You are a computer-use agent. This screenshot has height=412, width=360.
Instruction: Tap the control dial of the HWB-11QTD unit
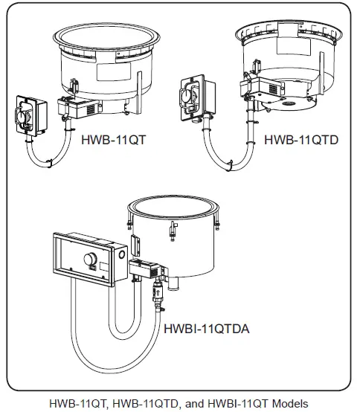pyautogui.click(x=187, y=96)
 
